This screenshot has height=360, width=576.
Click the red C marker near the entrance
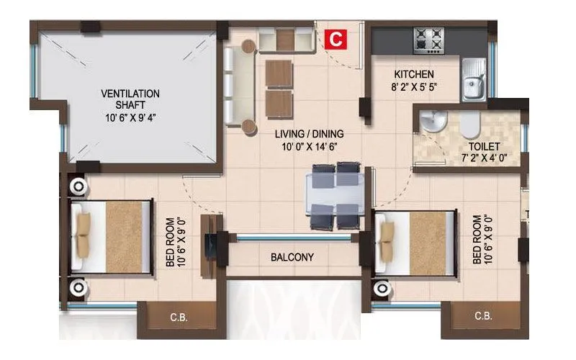pos(336,39)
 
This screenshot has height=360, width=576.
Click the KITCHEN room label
pos(413,74)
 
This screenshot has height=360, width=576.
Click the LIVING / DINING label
pos(310,133)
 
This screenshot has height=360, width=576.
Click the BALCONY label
pos(292,257)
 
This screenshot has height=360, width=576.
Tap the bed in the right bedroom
pos(418,245)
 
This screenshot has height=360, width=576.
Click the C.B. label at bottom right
pos(483,317)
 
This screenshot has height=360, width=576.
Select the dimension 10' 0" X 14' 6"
pos(310,145)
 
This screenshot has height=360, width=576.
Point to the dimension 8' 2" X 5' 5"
pos(413,87)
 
